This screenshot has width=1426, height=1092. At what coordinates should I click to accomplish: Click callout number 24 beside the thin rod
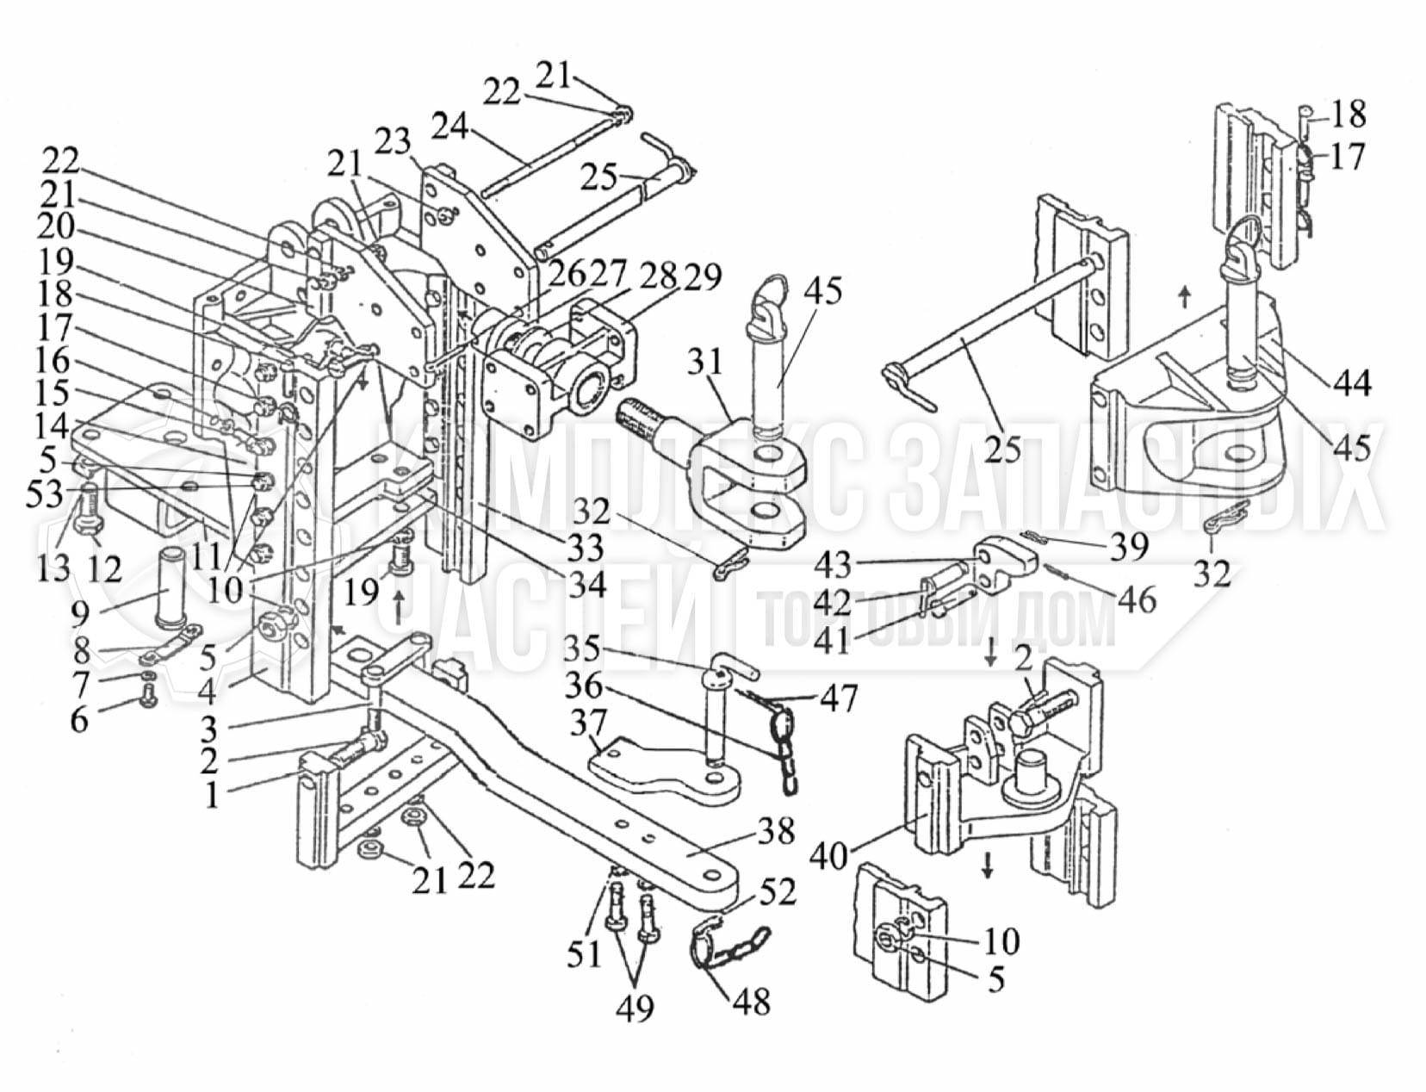click(x=451, y=126)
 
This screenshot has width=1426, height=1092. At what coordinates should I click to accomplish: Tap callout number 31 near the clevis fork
click(x=704, y=363)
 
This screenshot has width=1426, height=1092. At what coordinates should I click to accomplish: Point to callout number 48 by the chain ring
click(x=752, y=1002)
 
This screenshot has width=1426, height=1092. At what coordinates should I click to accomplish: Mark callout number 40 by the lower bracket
click(x=829, y=856)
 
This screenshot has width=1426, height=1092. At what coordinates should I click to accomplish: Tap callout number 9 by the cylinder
click(x=80, y=614)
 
